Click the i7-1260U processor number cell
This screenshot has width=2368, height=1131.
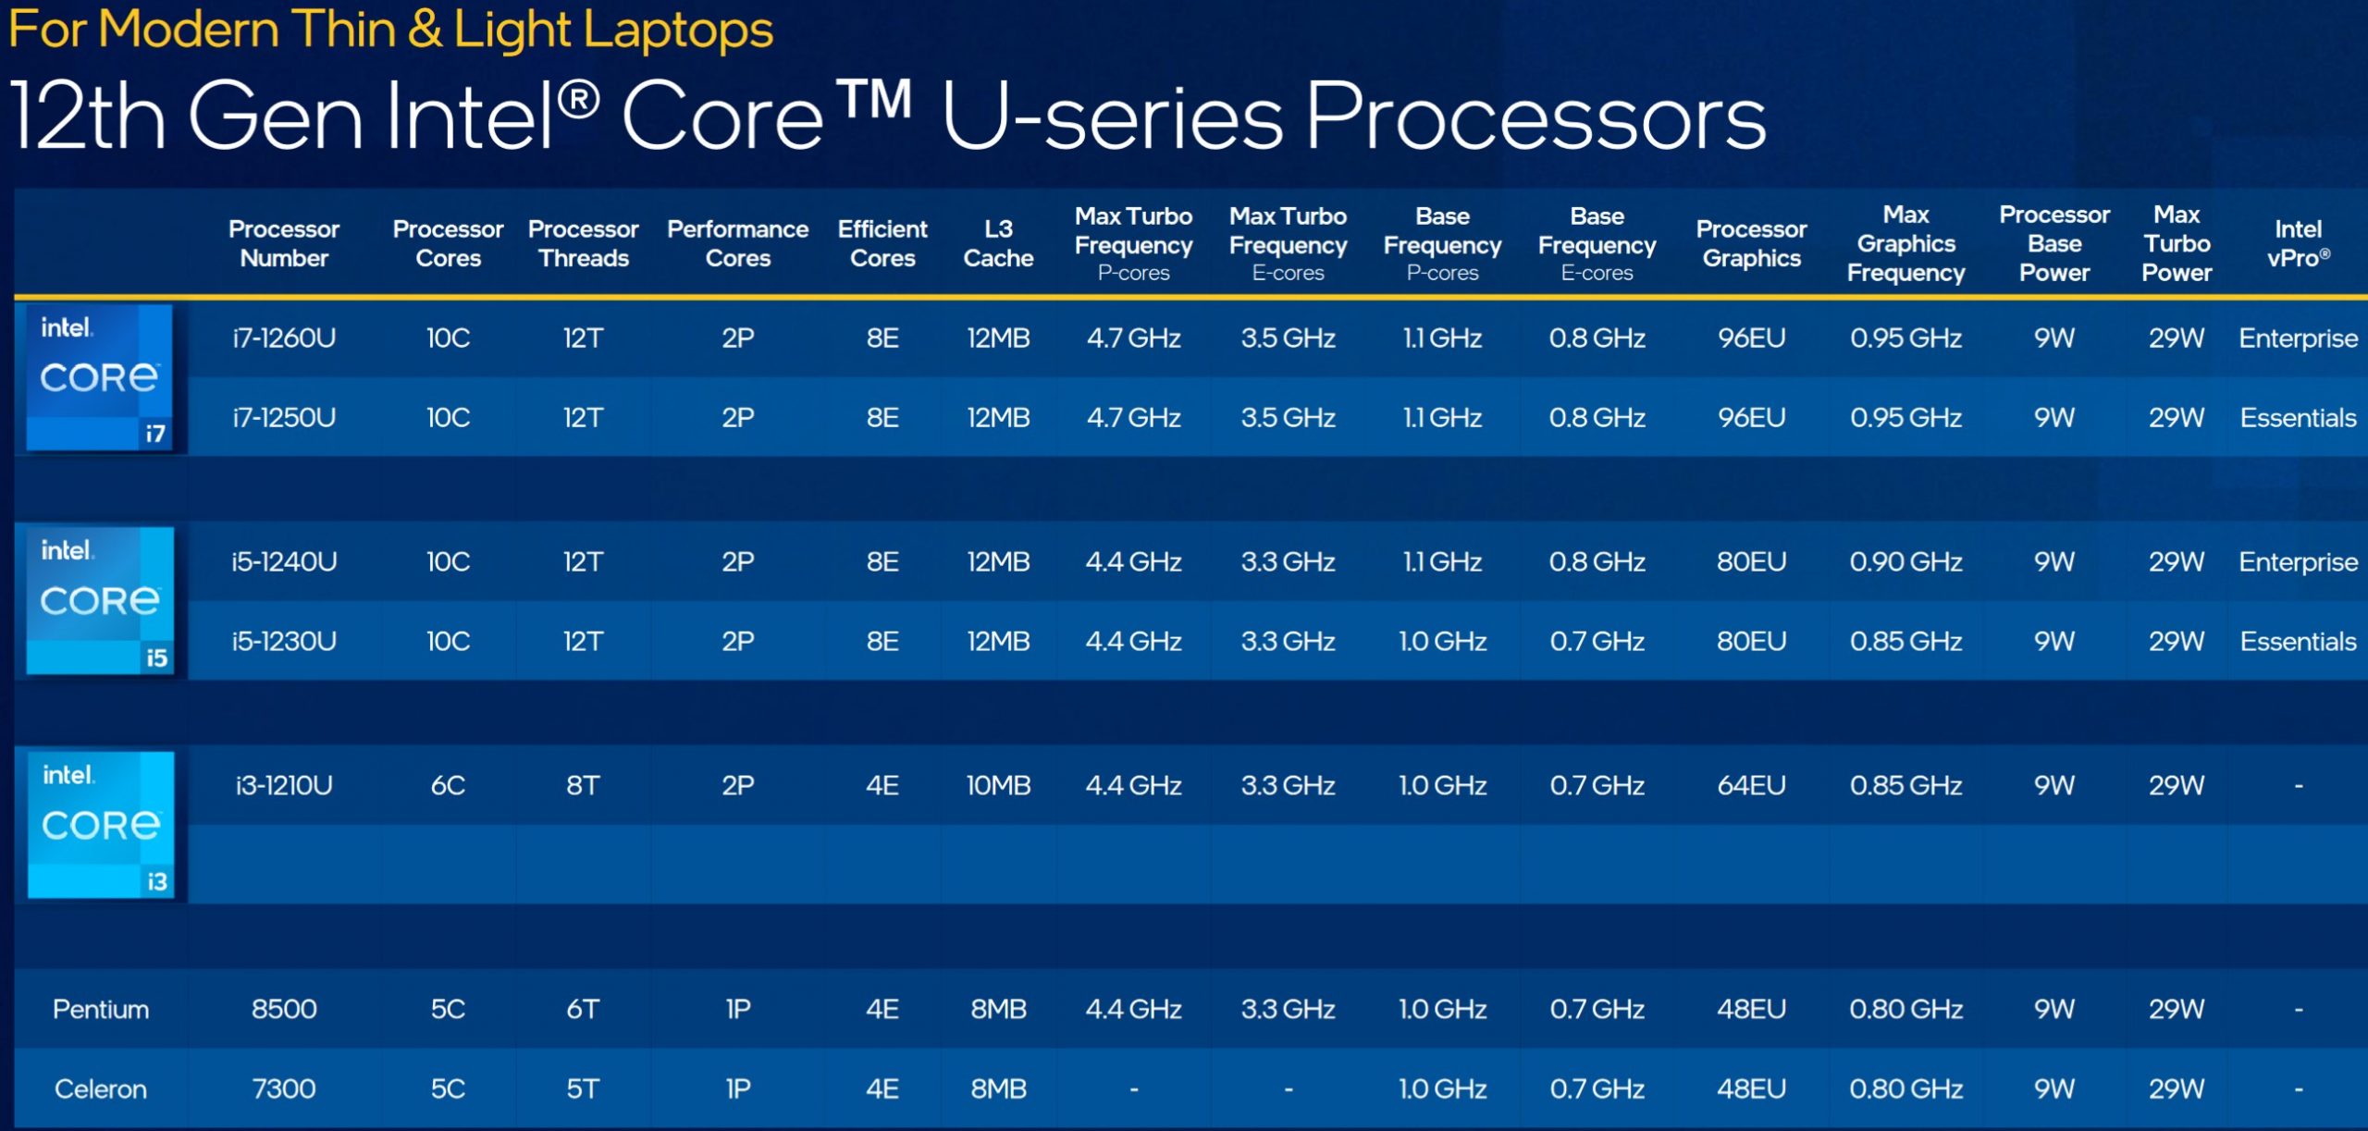[284, 338]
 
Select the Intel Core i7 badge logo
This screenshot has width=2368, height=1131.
[100, 377]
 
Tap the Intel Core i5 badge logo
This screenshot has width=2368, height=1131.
[100, 601]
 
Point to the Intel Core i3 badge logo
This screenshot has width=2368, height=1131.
[101, 825]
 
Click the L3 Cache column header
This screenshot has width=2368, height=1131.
[998, 243]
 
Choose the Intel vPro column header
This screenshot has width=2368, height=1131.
[2299, 243]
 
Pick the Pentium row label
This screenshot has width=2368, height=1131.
[101, 1009]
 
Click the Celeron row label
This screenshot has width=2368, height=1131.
[101, 1088]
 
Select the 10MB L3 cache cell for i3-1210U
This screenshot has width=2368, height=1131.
[998, 785]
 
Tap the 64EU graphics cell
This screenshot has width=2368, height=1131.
[1752, 785]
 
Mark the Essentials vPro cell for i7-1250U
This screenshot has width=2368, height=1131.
[2299, 418]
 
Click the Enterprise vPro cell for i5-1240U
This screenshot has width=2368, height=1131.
[2299, 562]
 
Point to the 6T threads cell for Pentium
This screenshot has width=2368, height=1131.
[584, 1009]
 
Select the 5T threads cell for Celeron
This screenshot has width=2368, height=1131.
[584, 1088]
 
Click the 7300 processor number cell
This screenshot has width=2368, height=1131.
[284, 1088]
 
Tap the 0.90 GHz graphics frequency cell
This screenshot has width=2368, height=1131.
[1906, 561]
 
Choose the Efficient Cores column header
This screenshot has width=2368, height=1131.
[882, 243]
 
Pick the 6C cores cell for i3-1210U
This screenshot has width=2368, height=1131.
[449, 785]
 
